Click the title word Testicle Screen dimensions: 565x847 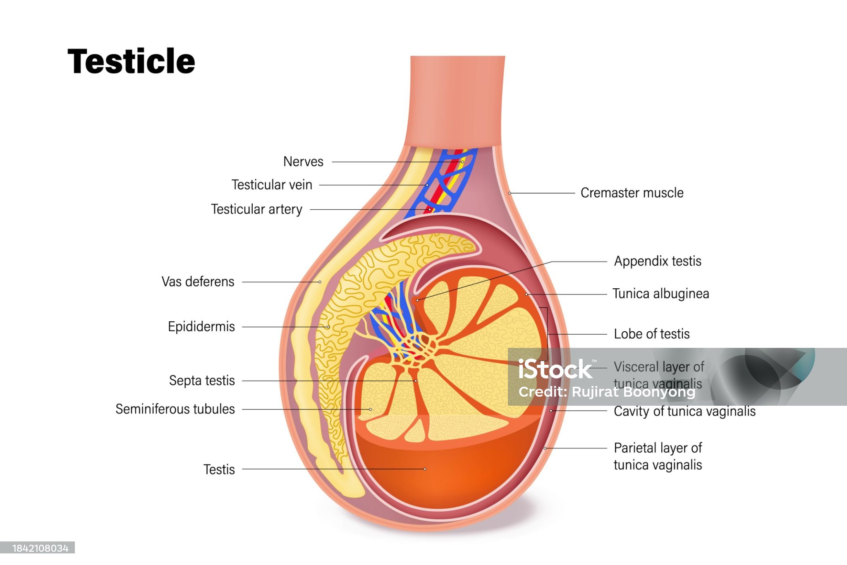click(x=131, y=61)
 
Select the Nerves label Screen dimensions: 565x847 click(x=303, y=162)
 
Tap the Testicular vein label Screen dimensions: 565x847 click(x=272, y=185)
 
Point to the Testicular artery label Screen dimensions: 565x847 click(x=256, y=209)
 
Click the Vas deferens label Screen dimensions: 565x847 click(x=198, y=282)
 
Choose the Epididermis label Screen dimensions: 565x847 click(x=201, y=327)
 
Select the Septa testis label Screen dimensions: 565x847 click(x=202, y=381)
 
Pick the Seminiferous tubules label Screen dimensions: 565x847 click(x=175, y=409)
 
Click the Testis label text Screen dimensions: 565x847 click(x=219, y=469)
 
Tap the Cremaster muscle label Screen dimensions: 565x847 click(x=632, y=193)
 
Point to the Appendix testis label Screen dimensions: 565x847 click(x=658, y=261)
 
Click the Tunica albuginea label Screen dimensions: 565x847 click(x=660, y=294)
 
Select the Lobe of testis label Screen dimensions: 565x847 click(x=651, y=334)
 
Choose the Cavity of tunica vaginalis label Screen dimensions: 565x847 click(x=684, y=412)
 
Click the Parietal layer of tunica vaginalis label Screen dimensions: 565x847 click(x=658, y=456)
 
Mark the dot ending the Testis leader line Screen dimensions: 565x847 click(x=425, y=469)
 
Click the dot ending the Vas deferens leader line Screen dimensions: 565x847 click(x=320, y=282)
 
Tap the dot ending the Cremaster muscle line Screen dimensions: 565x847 click(x=510, y=193)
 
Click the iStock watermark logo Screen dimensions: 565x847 click(x=555, y=369)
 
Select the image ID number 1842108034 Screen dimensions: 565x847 click(x=40, y=548)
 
